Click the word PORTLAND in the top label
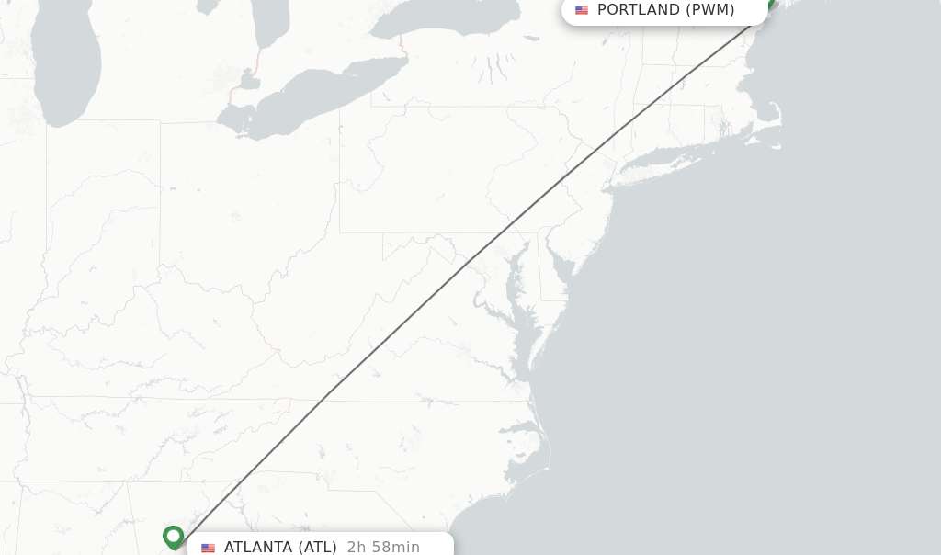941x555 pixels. [638, 10]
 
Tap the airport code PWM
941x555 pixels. [710, 10]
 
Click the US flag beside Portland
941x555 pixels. [582, 10]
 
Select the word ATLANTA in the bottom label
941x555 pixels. [257, 547]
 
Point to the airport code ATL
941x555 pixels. [318, 547]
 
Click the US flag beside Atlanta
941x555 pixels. [209, 548]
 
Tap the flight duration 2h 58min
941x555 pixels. [383, 547]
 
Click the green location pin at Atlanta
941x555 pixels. [173, 537]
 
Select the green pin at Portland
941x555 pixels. [770, 5]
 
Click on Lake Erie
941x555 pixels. [312, 92]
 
